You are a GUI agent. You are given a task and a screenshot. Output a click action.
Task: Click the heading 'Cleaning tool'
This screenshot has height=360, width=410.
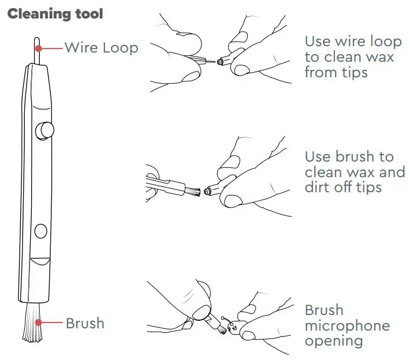click(x=55, y=13)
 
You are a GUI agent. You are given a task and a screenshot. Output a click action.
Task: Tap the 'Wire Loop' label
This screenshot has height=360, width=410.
click(x=101, y=47)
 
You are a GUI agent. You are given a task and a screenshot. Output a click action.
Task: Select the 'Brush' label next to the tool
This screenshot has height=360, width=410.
click(x=85, y=323)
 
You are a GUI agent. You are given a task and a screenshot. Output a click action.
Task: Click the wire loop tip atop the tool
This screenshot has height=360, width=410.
click(x=36, y=46)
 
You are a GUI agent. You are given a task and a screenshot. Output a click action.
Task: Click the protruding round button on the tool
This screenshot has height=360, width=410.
click(x=44, y=131)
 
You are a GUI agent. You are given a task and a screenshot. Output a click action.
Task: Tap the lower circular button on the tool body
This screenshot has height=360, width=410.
click(x=40, y=231)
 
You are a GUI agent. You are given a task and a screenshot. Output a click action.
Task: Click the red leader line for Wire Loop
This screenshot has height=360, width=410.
click(x=50, y=48)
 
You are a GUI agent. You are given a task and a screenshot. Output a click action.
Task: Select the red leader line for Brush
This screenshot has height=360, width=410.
click(x=50, y=323)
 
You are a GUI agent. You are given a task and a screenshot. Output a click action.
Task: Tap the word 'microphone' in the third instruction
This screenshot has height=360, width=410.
click(x=347, y=326)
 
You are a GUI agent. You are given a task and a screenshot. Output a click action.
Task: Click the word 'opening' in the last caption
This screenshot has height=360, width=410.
click(x=334, y=341)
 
